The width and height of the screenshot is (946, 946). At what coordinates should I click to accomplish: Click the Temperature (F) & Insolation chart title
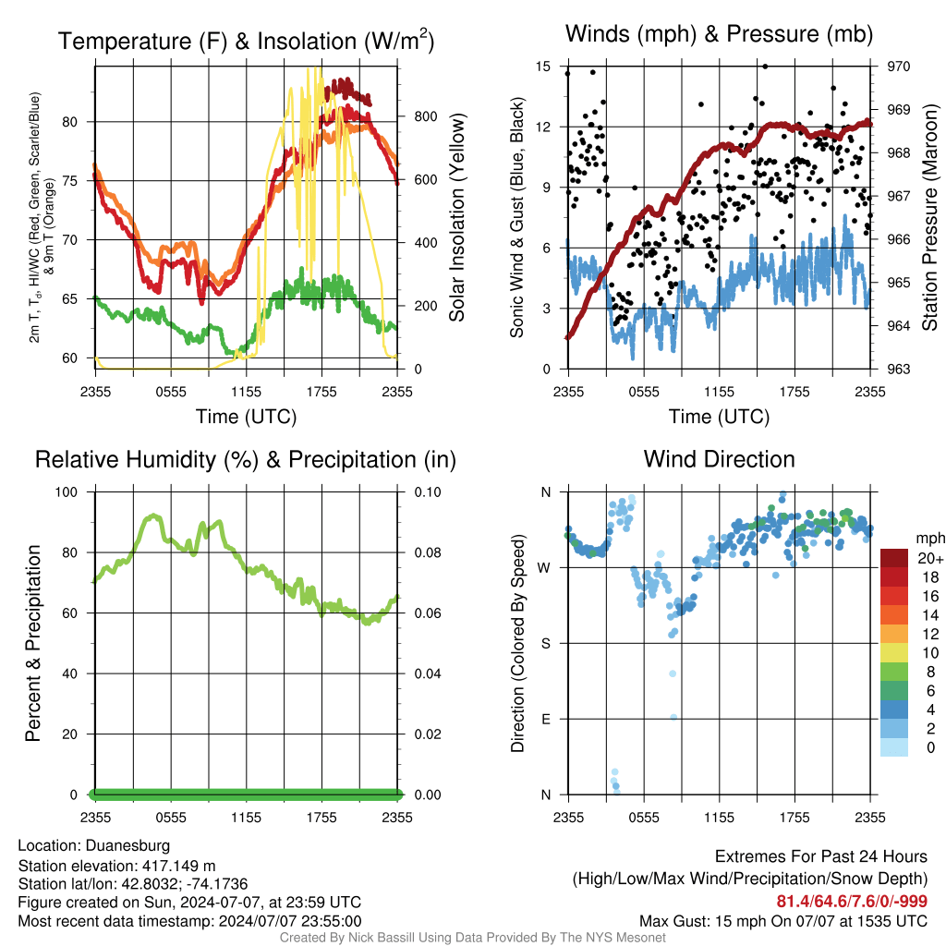click(x=246, y=41)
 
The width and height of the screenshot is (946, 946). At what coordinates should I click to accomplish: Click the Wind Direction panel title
click(x=719, y=459)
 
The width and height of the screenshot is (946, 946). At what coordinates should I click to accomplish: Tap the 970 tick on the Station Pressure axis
click(x=898, y=67)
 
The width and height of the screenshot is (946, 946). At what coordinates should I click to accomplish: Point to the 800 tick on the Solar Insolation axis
click(x=425, y=116)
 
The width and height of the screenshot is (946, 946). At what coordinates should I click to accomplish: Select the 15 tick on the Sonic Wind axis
click(x=543, y=67)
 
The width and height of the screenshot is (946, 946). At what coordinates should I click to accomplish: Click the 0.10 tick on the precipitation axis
click(x=428, y=492)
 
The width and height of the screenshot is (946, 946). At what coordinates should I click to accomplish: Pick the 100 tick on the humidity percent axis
click(x=67, y=492)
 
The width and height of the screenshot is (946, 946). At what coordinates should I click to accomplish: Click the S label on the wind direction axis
click(x=546, y=644)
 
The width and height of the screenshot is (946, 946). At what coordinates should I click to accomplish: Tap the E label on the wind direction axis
click(x=546, y=719)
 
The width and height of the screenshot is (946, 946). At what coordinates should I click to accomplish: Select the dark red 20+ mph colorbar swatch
click(x=894, y=558)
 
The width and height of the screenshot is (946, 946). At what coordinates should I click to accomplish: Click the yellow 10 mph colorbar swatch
click(x=894, y=653)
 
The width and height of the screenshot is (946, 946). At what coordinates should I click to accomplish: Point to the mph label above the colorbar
click(x=929, y=539)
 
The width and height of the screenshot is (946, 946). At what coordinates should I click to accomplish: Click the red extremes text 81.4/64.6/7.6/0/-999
click(x=851, y=901)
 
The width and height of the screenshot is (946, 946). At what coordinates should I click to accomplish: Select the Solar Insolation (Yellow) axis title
click(x=456, y=217)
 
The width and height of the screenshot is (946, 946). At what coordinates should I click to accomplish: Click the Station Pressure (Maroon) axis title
click(x=929, y=217)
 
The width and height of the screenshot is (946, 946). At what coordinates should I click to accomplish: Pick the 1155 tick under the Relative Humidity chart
click(x=246, y=818)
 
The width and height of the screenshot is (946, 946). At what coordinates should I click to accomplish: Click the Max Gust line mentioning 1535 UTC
click(x=783, y=921)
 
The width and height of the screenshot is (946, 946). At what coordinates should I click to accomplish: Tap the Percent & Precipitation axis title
click(x=33, y=643)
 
